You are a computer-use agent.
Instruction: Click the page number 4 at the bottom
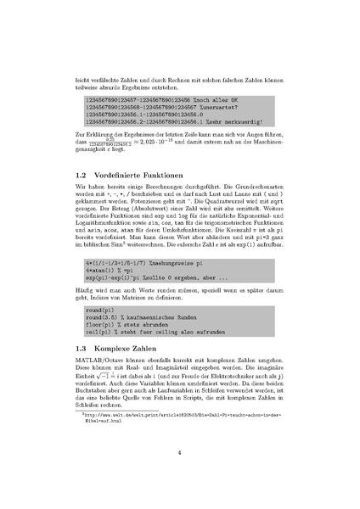point(179,452)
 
